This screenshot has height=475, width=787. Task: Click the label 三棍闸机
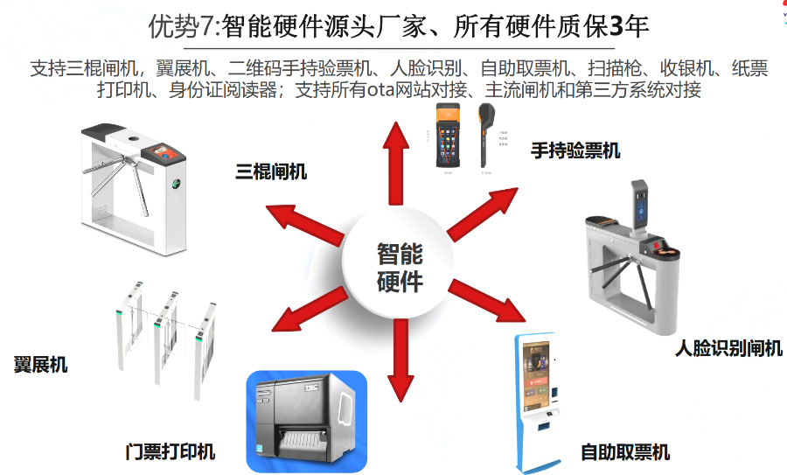point(271,171)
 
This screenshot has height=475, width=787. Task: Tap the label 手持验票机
point(575,150)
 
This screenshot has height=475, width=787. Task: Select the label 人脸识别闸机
point(728,349)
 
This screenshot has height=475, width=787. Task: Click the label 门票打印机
point(171,452)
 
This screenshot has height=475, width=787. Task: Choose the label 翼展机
point(41,365)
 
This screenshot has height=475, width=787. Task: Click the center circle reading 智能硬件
point(400,267)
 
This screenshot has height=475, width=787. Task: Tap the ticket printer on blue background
point(305,419)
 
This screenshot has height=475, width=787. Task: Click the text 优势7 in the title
point(179,27)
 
